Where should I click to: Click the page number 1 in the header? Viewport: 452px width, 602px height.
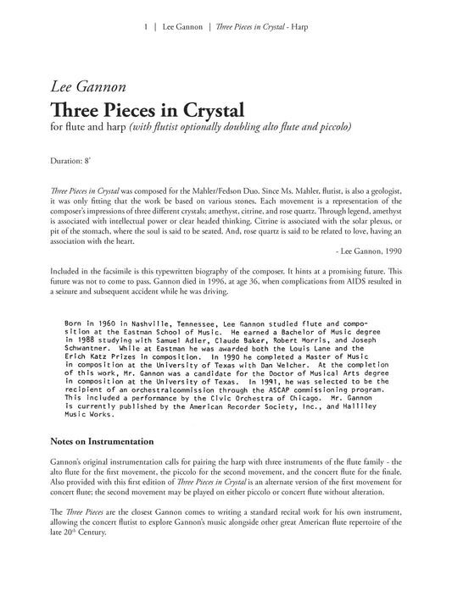pos(148,27)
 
